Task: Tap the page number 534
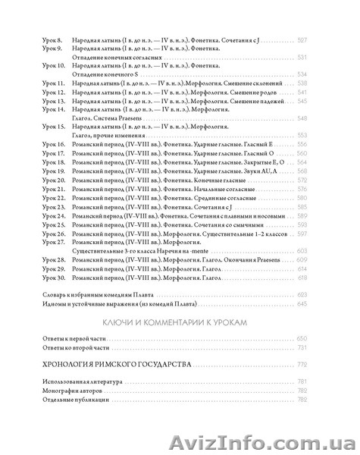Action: click(324, 74)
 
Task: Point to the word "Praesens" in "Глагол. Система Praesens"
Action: click(127, 118)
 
